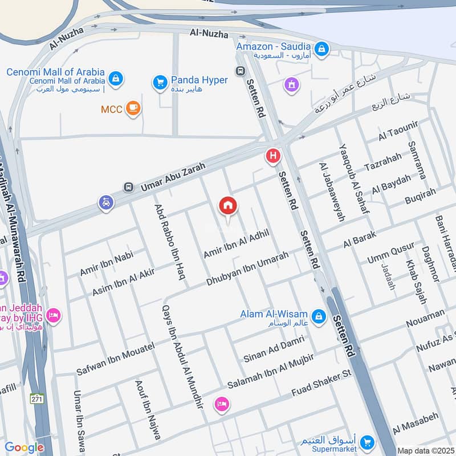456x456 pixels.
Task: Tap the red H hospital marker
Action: tap(273, 156)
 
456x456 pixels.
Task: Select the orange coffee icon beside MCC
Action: tap(133, 108)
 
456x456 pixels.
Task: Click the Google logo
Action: tap(24, 447)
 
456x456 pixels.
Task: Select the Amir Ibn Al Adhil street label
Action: tap(236, 244)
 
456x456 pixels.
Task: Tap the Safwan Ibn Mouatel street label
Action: tap(115, 359)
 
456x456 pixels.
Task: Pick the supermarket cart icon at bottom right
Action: tap(368, 442)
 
